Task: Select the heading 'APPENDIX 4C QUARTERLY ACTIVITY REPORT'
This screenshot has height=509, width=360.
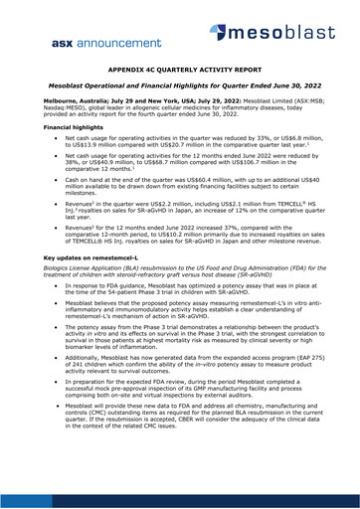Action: pyautogui.click(x=179, y=74)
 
